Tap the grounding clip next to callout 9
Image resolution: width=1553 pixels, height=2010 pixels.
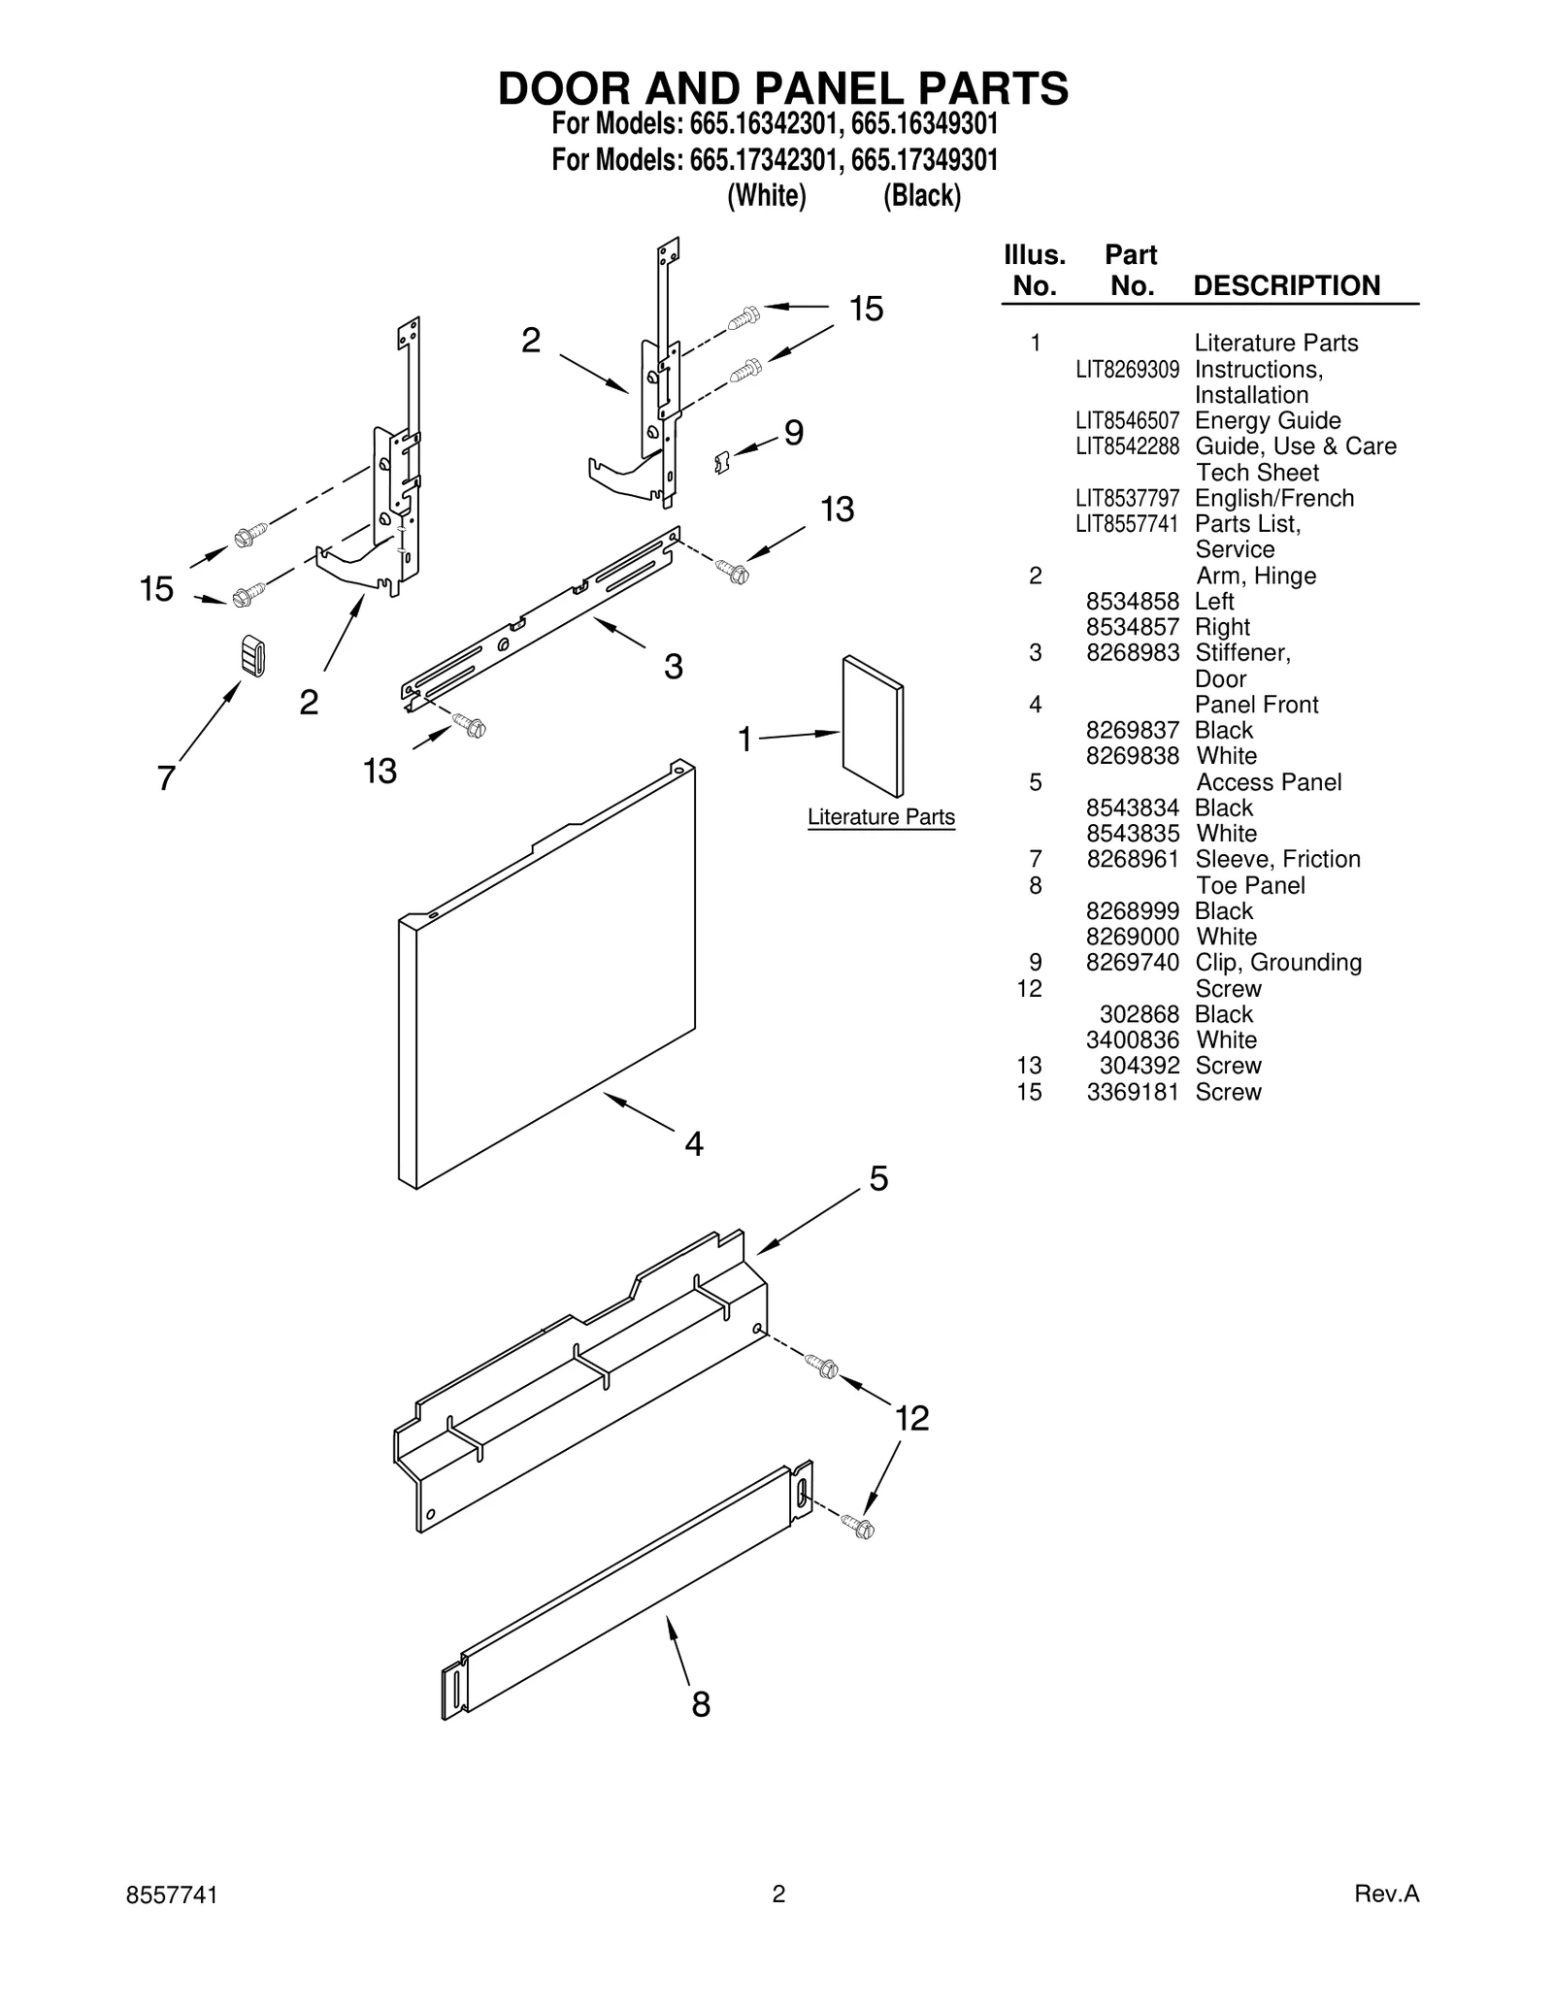[x=720, y=461]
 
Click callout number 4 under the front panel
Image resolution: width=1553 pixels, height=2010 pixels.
[x=693, y=1144]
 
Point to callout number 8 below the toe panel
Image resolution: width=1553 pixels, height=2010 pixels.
[x=701, y=1704]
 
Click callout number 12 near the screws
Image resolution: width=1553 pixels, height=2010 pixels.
[x=910, y=1419]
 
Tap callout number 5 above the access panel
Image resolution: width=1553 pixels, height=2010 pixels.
[x=877, y=1179]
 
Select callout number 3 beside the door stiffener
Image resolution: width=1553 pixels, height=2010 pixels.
[x=673, y=666]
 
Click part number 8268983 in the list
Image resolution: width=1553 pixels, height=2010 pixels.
[x=1132, y=653]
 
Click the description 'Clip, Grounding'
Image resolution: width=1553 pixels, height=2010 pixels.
[x=1277, y=963]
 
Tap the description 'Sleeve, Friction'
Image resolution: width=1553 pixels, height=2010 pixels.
[x=1277, y=859]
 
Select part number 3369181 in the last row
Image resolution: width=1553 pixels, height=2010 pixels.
[x=1132, y=1092]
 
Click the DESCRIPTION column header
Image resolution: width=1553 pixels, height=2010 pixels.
[x=1286, y=285]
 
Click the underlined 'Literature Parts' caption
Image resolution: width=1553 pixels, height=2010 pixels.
[x=880, y=817]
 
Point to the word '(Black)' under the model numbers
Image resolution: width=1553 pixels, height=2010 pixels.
[x=921, y=196]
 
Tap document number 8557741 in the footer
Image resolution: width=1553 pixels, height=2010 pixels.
[x=172, y=1895]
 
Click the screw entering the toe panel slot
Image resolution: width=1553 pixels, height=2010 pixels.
[x=858, y=1527]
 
